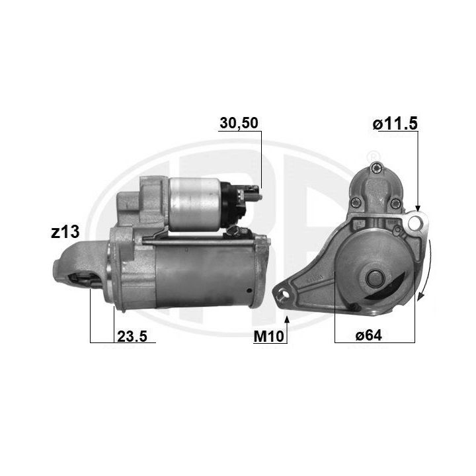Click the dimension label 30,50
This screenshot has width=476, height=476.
click(x=239, y=123)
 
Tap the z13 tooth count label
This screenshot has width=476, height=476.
click(x=65, y=232)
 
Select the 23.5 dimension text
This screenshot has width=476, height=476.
click(x=132, y=336)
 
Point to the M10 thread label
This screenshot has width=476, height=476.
click(x=268, y=336)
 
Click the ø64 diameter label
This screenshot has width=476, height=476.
click(x=368, y=335)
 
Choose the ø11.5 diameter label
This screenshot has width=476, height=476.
click(x=395, y=124)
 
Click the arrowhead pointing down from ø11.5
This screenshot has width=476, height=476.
click(x=418, y=208)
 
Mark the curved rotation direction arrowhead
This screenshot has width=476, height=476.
click(x=420, y=296)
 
